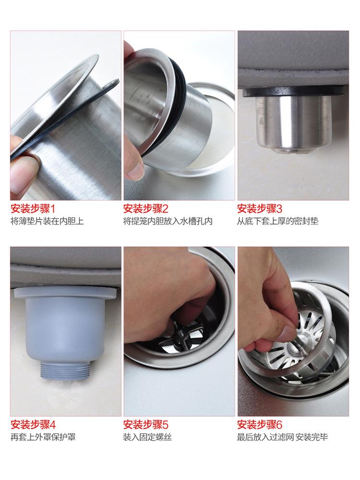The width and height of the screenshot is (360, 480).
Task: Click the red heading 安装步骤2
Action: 146,209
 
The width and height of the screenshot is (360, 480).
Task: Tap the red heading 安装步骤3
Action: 260,209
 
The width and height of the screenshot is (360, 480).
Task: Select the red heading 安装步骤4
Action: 33,425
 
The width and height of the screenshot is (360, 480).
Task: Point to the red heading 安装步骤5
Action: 146,425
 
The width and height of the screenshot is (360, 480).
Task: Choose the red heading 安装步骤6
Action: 260,425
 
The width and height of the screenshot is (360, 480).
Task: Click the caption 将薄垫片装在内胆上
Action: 47,221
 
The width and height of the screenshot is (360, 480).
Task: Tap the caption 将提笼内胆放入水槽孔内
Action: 168,221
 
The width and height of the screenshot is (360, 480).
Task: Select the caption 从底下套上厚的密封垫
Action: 277,221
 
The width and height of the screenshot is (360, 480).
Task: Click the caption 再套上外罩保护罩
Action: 43,437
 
